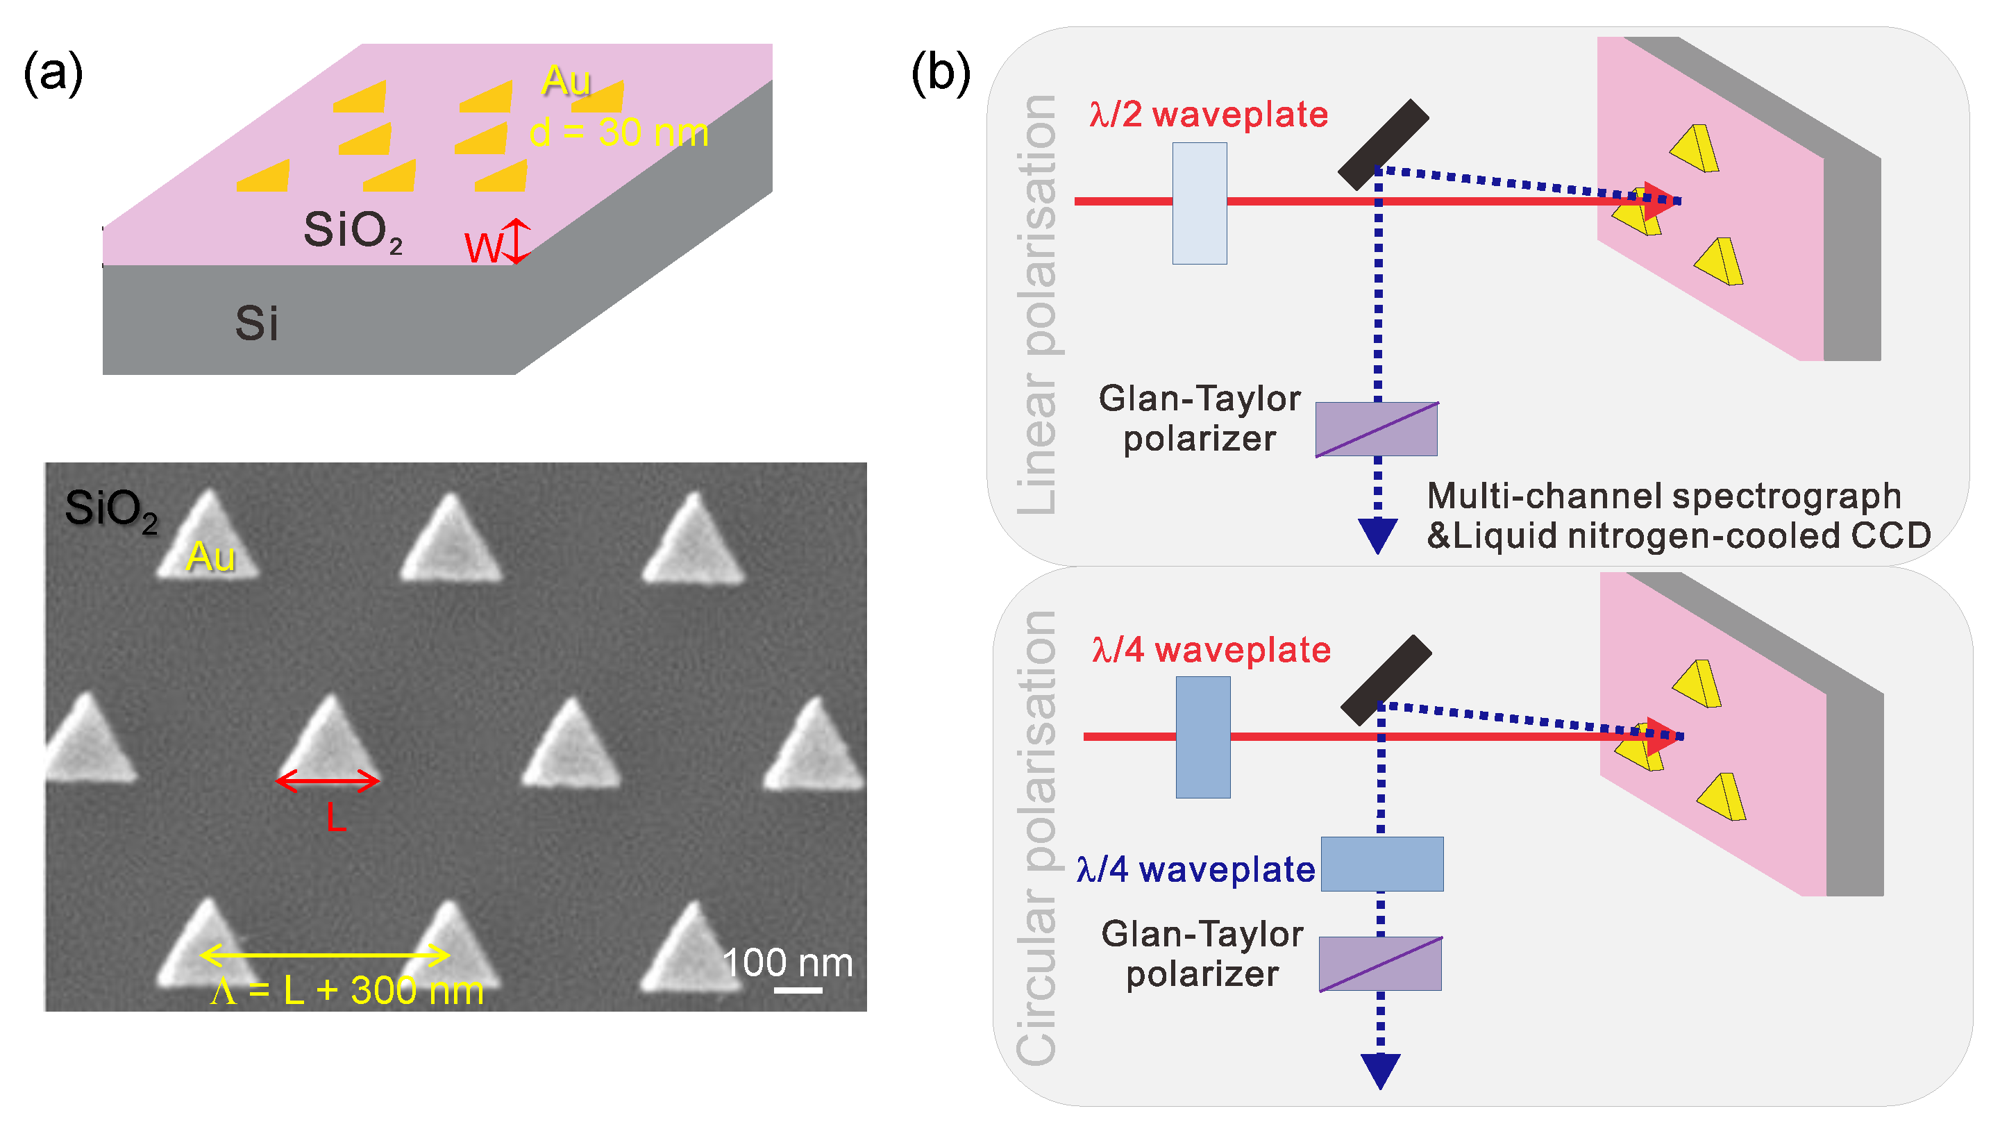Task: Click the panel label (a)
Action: (53, 74)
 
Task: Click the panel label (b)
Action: (940, 74)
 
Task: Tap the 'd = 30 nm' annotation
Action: (619, 133)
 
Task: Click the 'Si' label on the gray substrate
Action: (256, 323)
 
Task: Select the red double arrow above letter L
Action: (328, 780)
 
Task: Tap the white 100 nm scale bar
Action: (798, 990)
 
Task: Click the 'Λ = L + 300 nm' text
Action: (346, 991)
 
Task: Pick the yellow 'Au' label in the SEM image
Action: (210, 557)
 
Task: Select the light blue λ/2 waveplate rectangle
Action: (1200, 203)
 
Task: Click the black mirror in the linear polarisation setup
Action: (1383, 144)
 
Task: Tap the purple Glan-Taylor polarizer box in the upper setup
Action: (1376, 429)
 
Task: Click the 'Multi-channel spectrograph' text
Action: (1664, 495)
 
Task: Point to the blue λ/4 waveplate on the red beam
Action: (1202, 737)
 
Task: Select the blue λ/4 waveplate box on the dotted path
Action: (1382, 864)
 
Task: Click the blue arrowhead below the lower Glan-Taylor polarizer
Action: (1381, 1071)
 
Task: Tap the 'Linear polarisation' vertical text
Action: (1036, 304)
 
